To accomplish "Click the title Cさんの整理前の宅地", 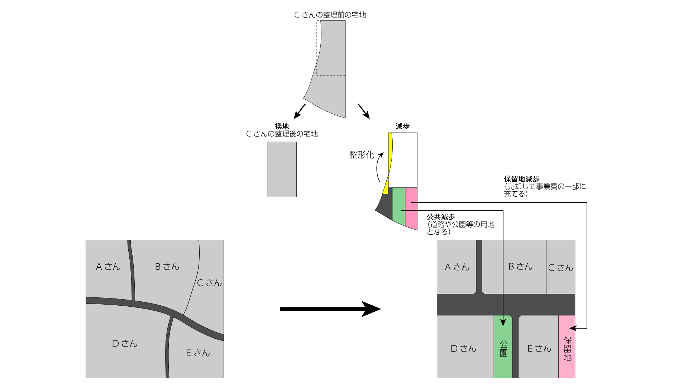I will coord(330,15).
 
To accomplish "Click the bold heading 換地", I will coord(282,126).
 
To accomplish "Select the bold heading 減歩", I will coord(402,126).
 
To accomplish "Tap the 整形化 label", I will coord(362,155).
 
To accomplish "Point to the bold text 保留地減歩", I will coord(521,179).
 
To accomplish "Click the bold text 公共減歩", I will coord(441,217).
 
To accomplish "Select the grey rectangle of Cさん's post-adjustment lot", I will coord(282,169).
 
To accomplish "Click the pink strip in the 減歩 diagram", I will coord(411,208).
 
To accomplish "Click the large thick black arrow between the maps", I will coord(330,309).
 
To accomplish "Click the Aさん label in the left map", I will coord(108,267).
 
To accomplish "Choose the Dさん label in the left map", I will coord(125,344).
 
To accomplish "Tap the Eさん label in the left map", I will coord(198,353).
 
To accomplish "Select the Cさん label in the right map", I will coord(560,268).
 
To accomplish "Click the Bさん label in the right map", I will coord(520,267).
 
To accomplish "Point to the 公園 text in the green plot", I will coord(503,349).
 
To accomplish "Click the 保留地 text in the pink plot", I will coord(567,349).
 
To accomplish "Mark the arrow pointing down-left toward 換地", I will coord(299,111).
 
